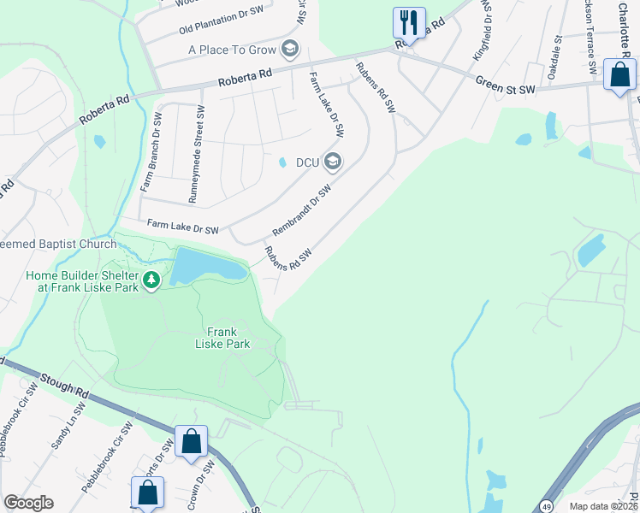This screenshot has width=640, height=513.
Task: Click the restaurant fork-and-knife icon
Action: click(x=409, y=22)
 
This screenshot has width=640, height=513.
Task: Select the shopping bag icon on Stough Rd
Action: click(x=192, y=442)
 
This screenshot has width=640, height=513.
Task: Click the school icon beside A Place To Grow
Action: click(x=290, y=49)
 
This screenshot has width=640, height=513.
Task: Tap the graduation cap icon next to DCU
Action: click(x=332, y=161)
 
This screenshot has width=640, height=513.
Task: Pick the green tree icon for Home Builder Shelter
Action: click(x=151, y=280)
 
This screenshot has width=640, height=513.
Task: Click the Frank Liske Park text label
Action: click(x=228, y=338)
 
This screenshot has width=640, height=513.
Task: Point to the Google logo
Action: click(x=28, y=503)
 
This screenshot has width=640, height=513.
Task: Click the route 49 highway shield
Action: click(x=545, y=507)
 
